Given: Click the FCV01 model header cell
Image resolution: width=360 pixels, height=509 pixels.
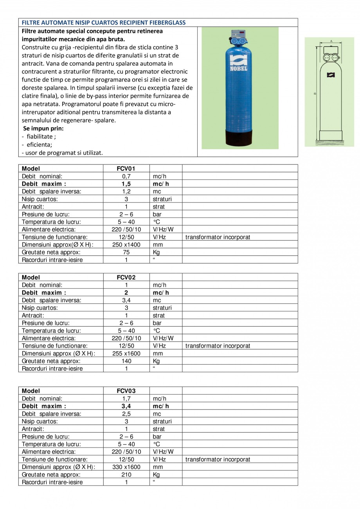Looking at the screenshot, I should [126, 169].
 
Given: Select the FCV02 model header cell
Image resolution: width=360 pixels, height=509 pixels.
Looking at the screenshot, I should [126, 278].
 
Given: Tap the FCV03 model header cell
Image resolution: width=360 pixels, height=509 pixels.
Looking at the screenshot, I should [126, 391].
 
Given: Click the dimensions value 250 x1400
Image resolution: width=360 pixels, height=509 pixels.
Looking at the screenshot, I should [126, 245].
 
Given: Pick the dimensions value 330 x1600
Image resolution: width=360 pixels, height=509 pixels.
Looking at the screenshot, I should [126, 467].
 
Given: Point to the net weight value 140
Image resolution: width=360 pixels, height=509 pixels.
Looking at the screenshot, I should [126, 361].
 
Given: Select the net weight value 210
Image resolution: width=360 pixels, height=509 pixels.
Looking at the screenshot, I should [126, 475].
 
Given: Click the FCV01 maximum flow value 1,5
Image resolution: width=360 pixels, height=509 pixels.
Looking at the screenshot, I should [126, 184].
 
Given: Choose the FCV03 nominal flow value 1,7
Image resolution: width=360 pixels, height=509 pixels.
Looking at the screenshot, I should [126, 399].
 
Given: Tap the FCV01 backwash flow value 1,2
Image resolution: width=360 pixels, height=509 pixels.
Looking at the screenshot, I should [126, 191].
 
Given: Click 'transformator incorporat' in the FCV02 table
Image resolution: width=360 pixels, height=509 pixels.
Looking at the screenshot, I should [218, 346].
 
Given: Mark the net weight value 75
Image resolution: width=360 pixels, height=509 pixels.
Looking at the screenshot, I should [126, 252].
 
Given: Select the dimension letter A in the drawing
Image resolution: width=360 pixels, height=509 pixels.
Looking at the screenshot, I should [331, 41].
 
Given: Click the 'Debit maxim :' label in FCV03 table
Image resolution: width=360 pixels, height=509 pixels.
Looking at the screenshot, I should [44, 406].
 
